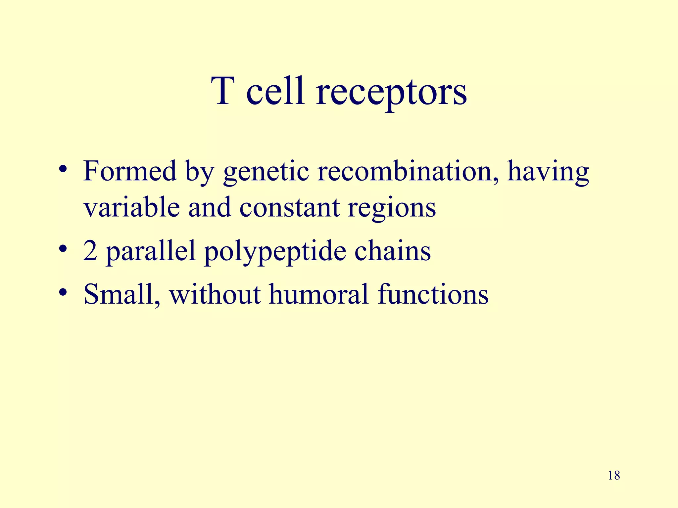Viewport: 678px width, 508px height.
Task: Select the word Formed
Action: tap(130, 171)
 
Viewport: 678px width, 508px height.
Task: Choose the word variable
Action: tap(131, 207)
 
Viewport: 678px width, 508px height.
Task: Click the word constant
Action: tap(289, 207)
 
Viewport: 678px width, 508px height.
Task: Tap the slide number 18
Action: tap(614, 476)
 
